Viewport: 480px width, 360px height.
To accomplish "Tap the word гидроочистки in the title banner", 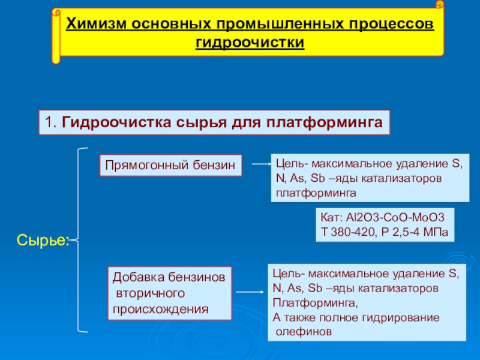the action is pyautogui.click(x=250, y=43).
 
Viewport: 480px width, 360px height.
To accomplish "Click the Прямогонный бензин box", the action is pyautogui.click(x=171, y=165).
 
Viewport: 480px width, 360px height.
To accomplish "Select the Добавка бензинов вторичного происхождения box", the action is pyautogui.click(x=170, y=293).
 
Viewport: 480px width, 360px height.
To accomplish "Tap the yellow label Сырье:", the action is pyautogui.click(x=43, y=241).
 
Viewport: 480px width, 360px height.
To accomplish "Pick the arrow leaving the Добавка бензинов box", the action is pyautogui.click(x=250, y=292).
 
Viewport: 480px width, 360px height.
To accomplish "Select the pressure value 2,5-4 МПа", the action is pyautogui.click(x=420, y=232).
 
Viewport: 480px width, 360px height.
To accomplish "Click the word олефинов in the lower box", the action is pyautogui.click(x=303, y=331).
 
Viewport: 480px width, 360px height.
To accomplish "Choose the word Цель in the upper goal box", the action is pyautogui.click(x=289, y=163).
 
